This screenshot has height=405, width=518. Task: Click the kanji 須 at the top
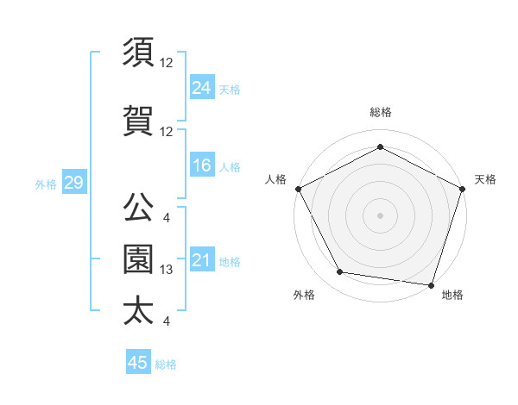[138, 54]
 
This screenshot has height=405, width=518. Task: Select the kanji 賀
[138, 121]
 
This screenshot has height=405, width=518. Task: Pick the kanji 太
[138, 310]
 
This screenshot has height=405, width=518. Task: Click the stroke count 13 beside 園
[167, 270]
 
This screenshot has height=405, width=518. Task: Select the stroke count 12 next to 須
[167, 63]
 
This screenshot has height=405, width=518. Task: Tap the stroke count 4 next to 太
[166, 321]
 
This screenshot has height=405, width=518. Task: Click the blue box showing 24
[202, 87]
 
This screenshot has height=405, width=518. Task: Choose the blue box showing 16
[202, 166]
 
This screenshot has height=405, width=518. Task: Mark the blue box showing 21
[202, 260]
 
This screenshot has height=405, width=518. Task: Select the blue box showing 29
[73, 183]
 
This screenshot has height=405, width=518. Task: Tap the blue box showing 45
[137, 363]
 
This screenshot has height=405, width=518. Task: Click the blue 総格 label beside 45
[166, 364]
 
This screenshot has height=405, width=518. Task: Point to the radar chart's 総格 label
[381, 112]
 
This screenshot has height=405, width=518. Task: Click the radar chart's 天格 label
[486, 179]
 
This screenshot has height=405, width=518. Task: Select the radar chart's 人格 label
[276, 179]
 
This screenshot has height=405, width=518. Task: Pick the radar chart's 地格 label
[452, 296]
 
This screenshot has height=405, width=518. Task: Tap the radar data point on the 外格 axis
[340, 273]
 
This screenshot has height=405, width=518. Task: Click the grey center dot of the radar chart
[381, 215]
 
